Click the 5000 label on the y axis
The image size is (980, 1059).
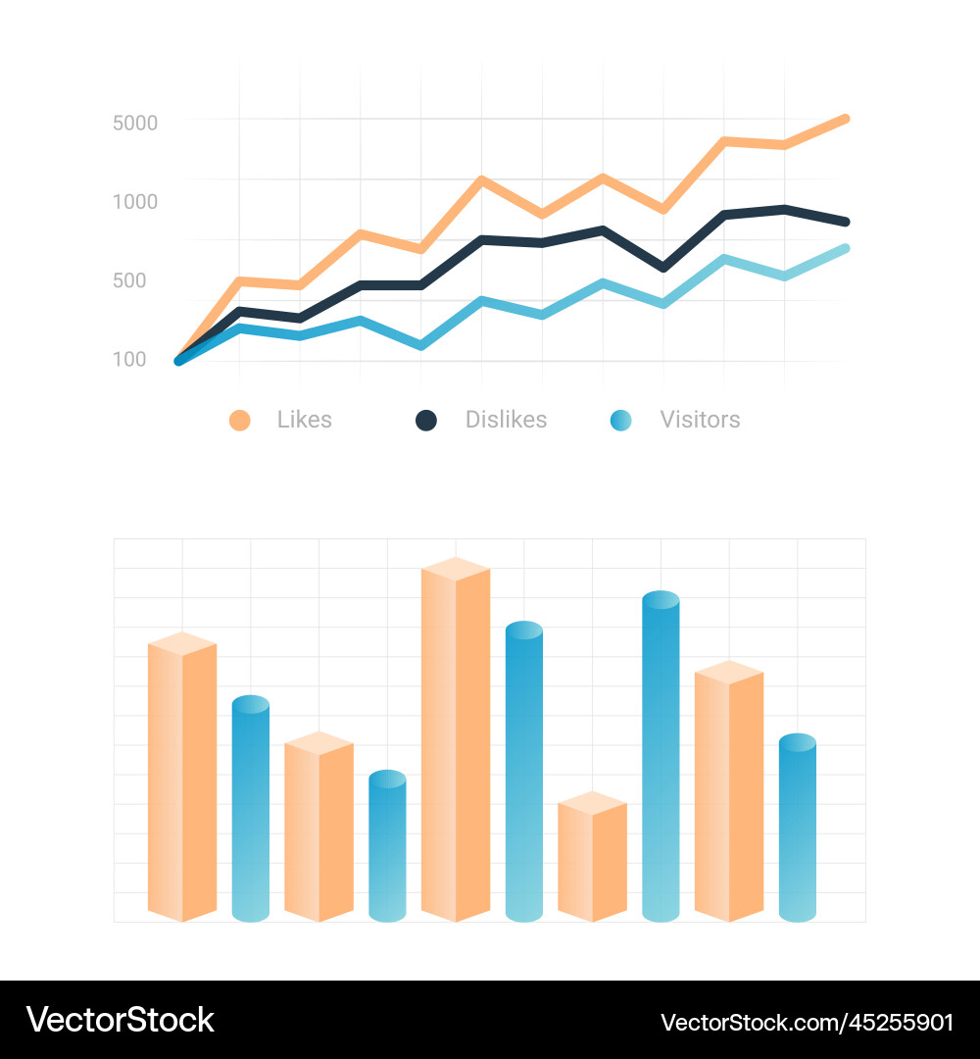[x=135, y=124]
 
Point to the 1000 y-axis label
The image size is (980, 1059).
[x=135, y=202]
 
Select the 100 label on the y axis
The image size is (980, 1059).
[x=129, y=360]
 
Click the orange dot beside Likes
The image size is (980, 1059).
[x=239, y=421]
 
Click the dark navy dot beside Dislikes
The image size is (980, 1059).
[x=425, y=421]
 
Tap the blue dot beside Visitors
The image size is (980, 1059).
[x=620, y=421]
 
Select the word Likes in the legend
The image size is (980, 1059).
[x=304, y=420]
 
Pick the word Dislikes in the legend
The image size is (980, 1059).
[x=506, y=420]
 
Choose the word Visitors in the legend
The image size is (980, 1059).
[x=700, y=420]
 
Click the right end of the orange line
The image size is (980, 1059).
[x=844, y=119]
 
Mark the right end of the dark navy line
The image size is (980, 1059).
[x=844, y=222]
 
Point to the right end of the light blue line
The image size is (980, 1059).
[x=844, y=249]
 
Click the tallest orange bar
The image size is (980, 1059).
[x=456, y=745]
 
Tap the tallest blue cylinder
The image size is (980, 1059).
[x=661, y=760]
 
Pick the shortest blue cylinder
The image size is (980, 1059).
[x=387, y=848]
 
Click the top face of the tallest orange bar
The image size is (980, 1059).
[x=456, y=569]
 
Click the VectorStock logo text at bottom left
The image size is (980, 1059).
[x=120, y=1020]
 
